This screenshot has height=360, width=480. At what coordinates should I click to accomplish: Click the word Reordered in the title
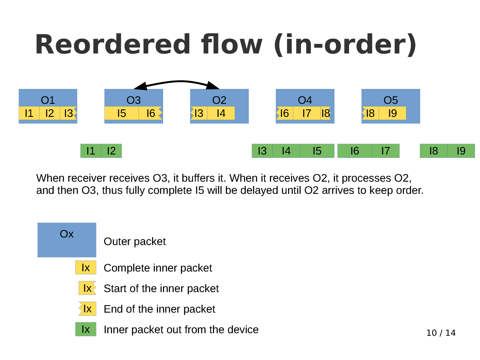[x=113, y=44]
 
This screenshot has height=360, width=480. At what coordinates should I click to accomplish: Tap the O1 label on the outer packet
[x=48, y=100]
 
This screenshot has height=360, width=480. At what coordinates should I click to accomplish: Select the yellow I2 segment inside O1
[x=49, y=113]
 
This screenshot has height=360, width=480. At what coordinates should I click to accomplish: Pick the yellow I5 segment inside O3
[x=121, y=113]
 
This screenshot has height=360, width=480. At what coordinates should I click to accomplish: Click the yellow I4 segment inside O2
[x=221, y=113]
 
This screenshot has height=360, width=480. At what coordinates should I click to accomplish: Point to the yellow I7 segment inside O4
[x=307, y=113]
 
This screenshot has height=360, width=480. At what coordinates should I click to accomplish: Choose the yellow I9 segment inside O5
[x=393, y=113]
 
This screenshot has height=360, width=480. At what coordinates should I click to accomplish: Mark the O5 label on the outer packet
[x=391, y=100]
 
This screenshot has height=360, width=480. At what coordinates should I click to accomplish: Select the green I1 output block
[x=91, y=151]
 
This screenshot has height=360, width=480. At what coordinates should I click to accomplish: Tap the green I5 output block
[x=317, y=151]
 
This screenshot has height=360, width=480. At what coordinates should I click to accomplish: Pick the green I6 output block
[x=355, y=151]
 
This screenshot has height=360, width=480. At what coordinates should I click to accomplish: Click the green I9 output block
[x=461, y=151]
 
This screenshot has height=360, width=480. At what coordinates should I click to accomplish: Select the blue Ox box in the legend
[x=67, y=240]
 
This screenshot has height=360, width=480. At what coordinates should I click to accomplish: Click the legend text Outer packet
[x=135, y=241]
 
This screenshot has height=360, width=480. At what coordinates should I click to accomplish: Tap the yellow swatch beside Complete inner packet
[x=86, y=268]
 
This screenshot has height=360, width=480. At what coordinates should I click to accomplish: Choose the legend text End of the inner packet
[x=159, y=309]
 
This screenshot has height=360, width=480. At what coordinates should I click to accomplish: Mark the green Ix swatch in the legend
[x=86, y=329]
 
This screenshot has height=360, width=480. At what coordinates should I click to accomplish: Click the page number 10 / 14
[x=441, y=333]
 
